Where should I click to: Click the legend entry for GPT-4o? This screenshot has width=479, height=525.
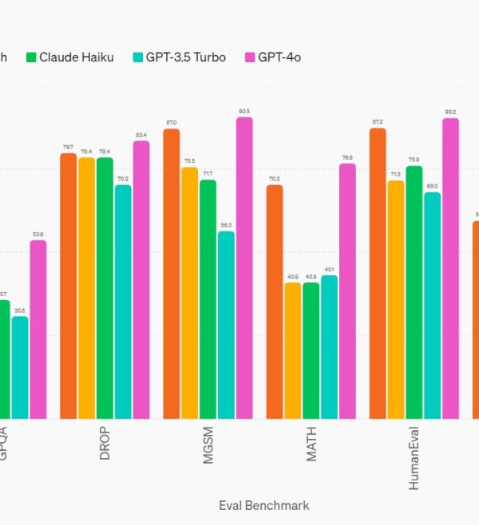coord(273,57)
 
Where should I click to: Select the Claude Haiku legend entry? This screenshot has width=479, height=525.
coord(70,57)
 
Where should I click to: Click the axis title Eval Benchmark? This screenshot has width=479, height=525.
coord(263,505)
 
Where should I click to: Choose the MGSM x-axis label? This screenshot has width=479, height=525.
coord(208,446)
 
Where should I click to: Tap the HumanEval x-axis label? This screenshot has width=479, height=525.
coord(414,459)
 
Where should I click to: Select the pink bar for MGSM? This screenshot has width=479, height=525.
coord(244,268)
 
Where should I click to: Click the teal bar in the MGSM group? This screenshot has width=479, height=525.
coord(226,325)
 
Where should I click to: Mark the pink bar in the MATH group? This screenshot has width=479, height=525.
coord(347,291)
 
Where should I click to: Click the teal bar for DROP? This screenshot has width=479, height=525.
coord(123,302)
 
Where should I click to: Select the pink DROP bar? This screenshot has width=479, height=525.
coord(141,279)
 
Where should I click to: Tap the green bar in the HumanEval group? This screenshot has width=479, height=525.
coord(414,292)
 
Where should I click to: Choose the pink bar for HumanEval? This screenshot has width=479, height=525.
coord(450,268)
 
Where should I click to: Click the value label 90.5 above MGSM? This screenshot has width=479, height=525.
coord(244,112)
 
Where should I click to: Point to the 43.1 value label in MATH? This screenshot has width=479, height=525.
coord(329,270)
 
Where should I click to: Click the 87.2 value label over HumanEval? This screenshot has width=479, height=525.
coord(378,122)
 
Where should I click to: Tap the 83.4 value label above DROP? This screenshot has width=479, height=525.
coord(141,135)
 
